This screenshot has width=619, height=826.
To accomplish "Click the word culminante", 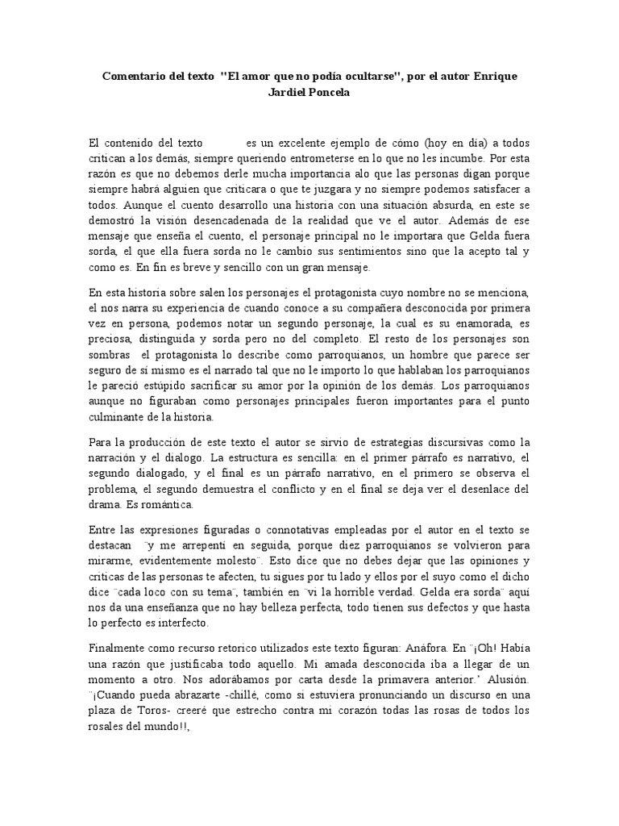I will [118, 417].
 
